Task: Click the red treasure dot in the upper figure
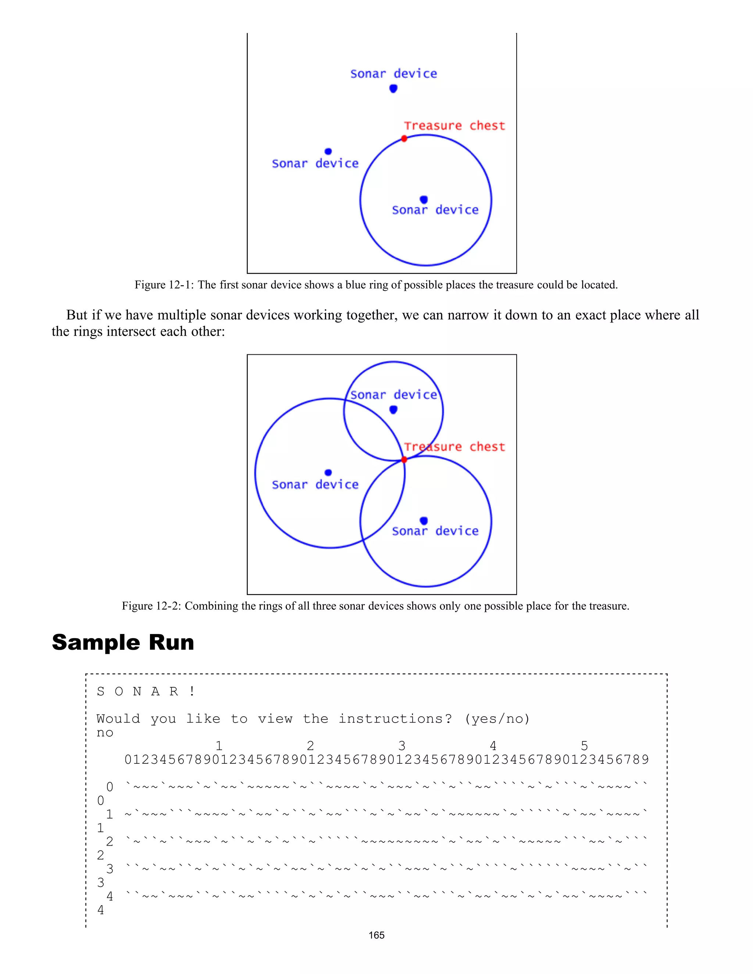404,139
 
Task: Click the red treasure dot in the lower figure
404,459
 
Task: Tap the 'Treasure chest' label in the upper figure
454,126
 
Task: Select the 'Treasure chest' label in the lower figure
454,447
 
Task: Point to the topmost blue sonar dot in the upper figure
393,88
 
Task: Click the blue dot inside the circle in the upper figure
424,199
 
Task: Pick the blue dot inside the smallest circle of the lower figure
393,409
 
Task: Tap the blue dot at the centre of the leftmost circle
328,472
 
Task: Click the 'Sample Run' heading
123,642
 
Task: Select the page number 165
376,935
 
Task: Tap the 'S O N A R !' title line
146,692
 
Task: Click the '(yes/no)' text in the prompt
497,719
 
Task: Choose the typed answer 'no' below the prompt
105,733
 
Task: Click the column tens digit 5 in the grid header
584,746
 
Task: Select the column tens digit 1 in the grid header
219,746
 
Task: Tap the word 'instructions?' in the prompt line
395,719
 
